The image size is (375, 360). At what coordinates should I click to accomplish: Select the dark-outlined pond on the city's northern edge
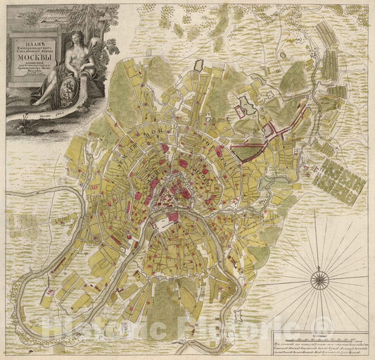click(x=246, y=106)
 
